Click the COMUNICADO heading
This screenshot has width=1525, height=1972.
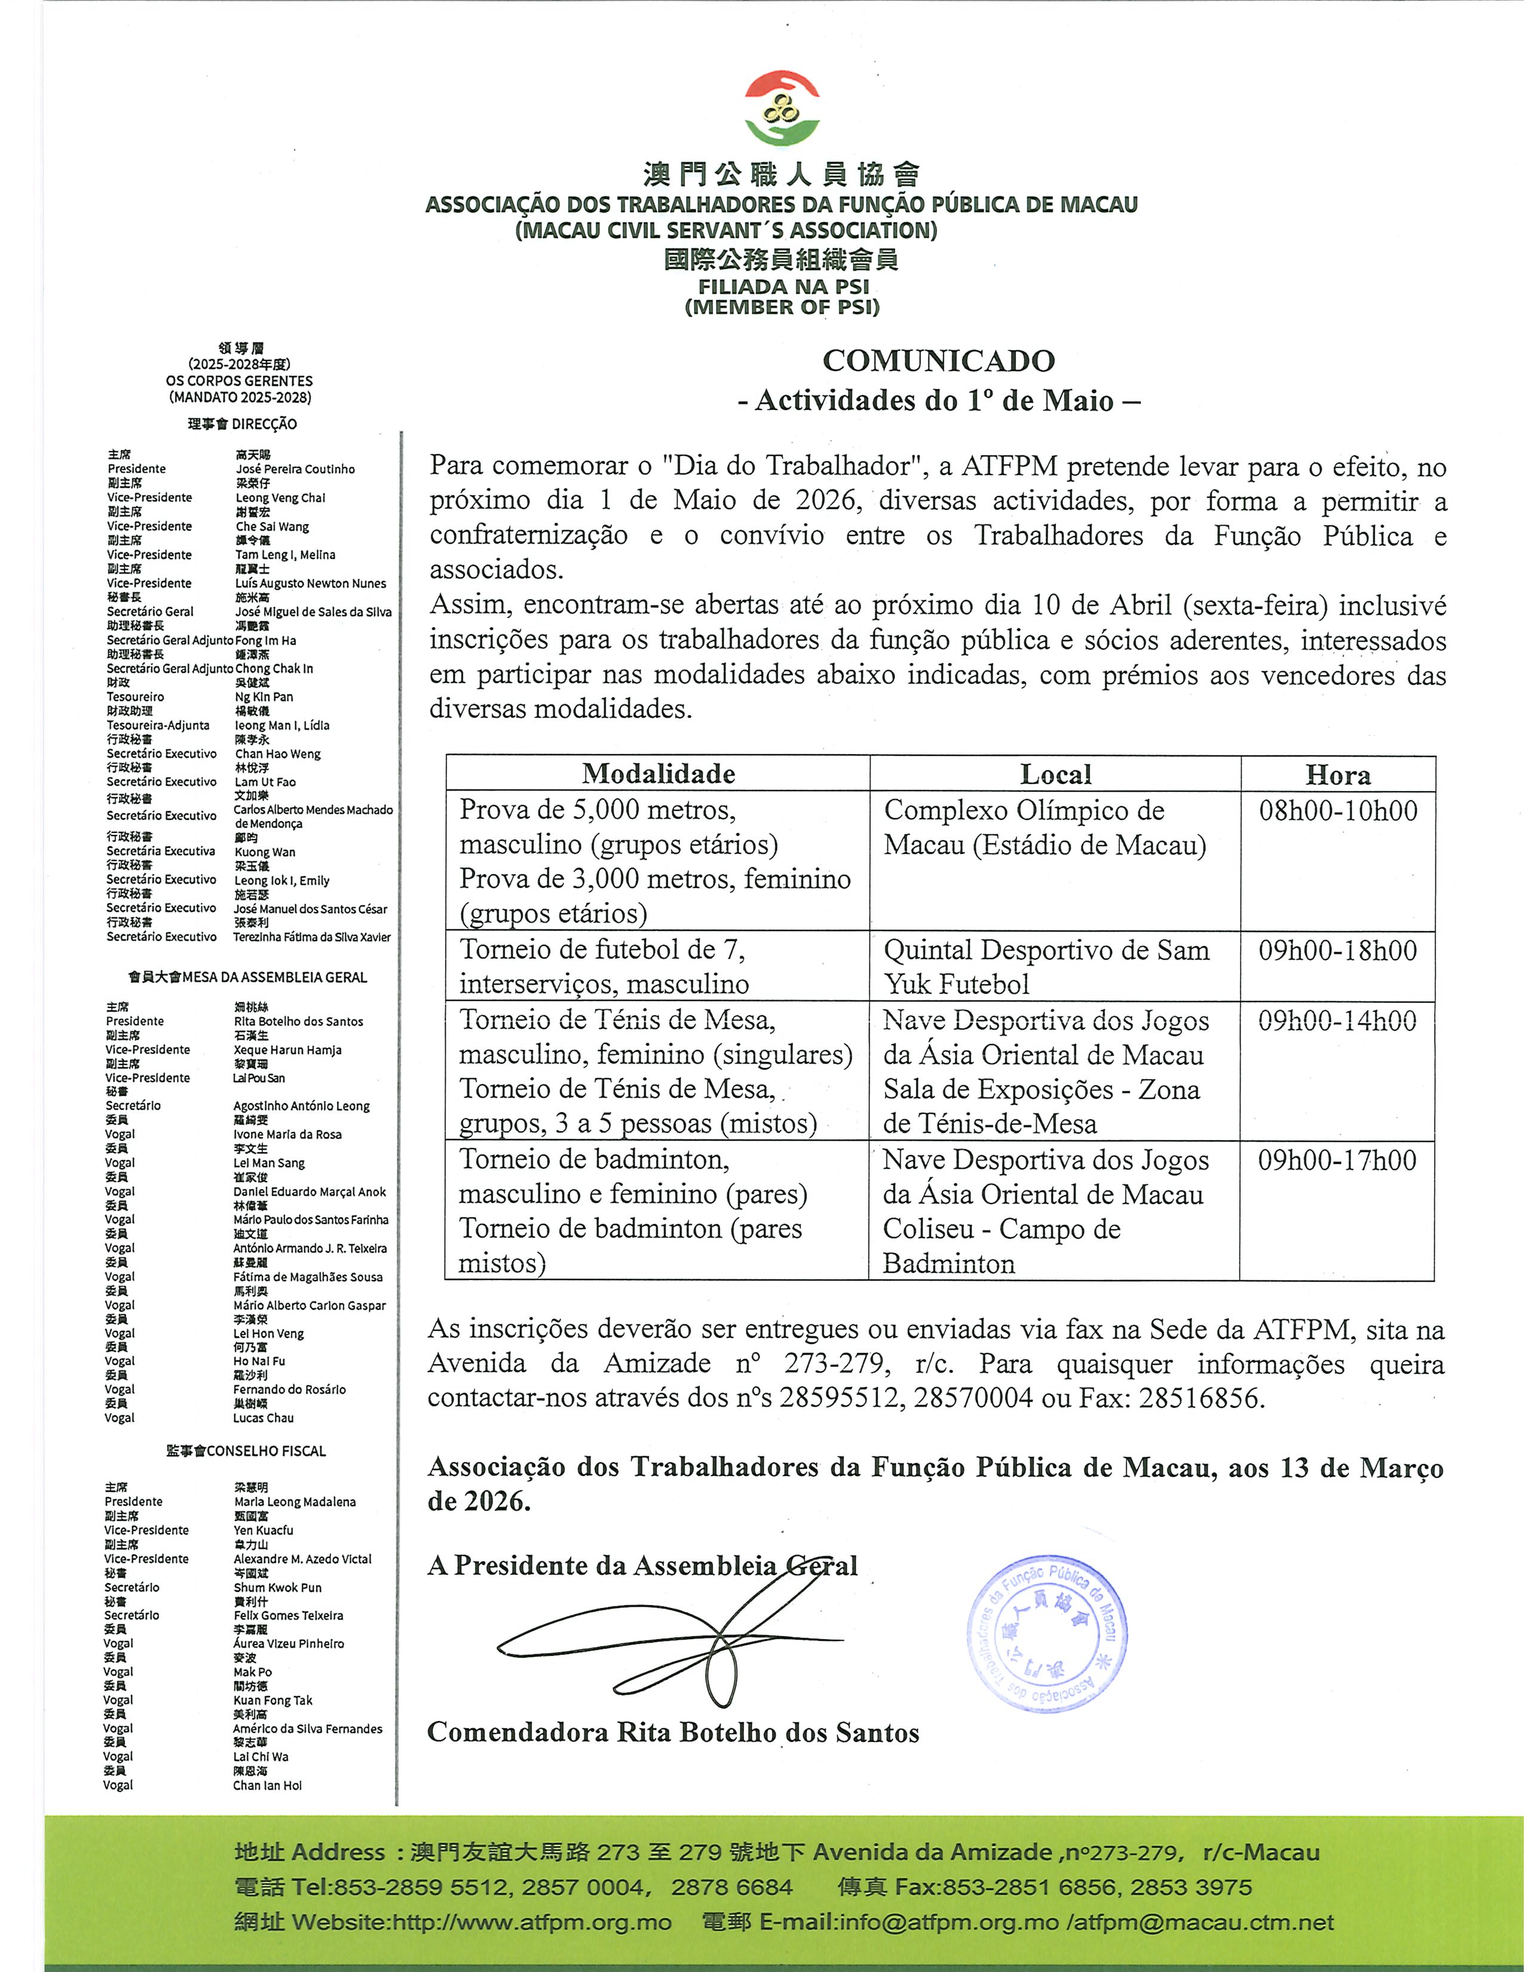938,361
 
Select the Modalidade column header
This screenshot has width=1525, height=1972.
658,774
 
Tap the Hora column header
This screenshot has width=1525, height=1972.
1337,774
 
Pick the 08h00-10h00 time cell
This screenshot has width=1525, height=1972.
1337,811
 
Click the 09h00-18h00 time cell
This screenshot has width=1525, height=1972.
1337,951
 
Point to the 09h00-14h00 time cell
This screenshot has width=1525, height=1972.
1337,1021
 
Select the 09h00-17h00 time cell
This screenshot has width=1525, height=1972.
1337,1160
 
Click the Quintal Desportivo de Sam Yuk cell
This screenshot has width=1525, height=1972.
1046,966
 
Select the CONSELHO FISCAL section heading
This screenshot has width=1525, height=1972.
246,1451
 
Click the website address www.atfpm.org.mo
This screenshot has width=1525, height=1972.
532,1922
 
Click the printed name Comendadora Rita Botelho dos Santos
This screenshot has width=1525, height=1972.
673,1733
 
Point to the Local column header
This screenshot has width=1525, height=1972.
1055,774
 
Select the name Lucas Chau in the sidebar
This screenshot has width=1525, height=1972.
263,1417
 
